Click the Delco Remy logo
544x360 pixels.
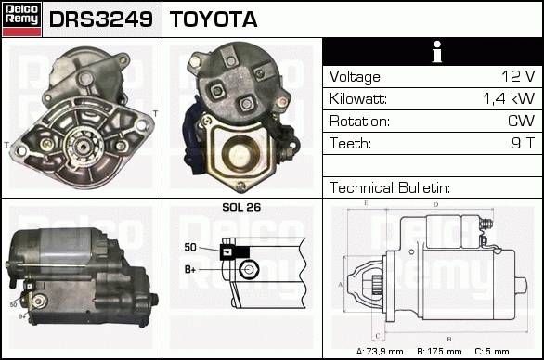pos(21,19)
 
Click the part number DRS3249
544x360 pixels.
pos(101,19)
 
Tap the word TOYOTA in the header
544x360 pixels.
pos(214,19)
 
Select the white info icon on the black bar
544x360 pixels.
pos(437,52)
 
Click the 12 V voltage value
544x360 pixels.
pos(518,76)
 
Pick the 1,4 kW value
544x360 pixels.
pos(509,99)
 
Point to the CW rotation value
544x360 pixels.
pos(521,121)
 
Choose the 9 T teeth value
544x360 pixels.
pos(523,143)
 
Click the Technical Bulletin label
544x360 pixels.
pos(389,187)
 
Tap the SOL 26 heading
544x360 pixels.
pos(241,207)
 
